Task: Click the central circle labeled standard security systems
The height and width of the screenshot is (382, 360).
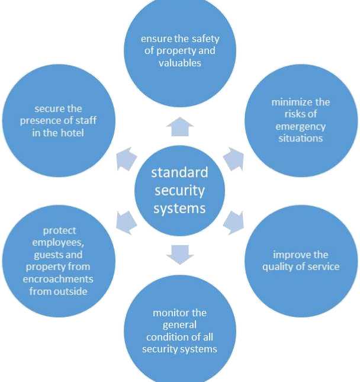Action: point(179,191)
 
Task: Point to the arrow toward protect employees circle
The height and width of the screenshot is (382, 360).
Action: point(126,222)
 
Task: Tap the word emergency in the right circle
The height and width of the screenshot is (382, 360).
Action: point(301,127)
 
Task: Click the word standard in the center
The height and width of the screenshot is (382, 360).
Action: point(179,172)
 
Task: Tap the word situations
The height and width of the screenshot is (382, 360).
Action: point(301,139)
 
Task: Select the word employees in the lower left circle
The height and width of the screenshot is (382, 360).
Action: point(59,243)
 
